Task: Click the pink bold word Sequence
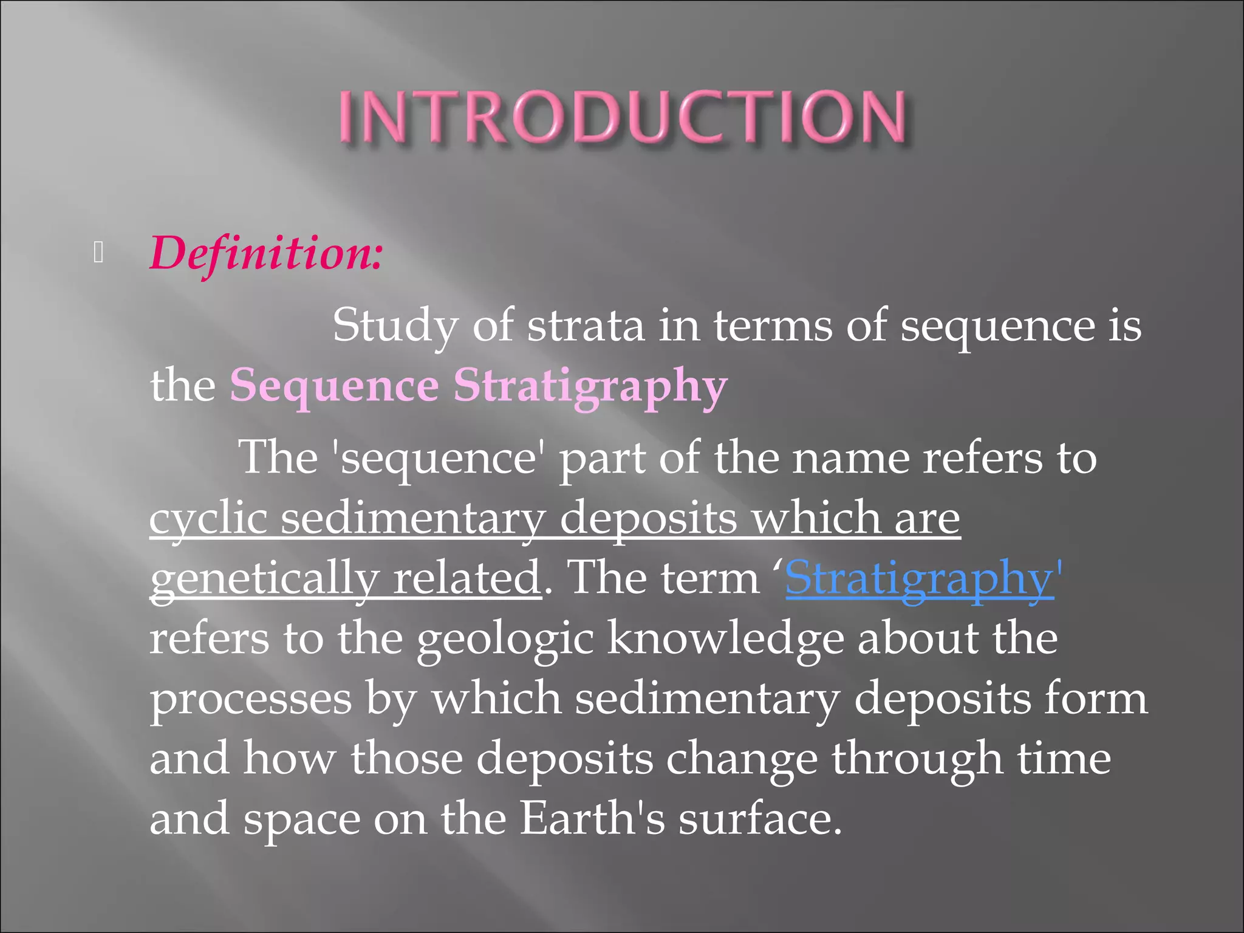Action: (x=334, y=386)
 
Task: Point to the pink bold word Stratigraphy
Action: (x=590, y=386)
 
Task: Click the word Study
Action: (x=395, y=326)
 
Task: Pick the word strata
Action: (x=586, y=326)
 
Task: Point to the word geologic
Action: (x=505, y=639)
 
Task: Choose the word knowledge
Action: (x=725, y=639)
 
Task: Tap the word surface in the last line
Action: (x=759, y=819)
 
